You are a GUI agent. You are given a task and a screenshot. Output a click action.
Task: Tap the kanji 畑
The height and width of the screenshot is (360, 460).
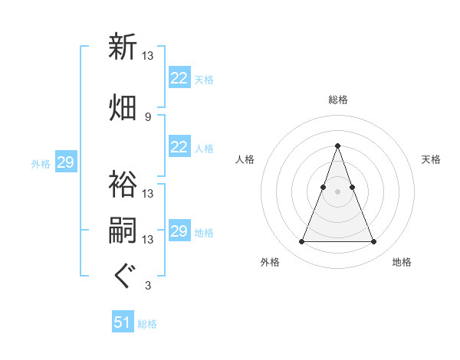point(123,107)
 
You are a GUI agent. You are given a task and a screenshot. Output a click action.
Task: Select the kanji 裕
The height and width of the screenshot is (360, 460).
point(123,184)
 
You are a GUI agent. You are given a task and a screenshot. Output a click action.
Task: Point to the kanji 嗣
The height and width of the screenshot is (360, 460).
point(123,230)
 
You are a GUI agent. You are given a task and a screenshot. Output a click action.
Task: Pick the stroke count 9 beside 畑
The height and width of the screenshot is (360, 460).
point(147,116)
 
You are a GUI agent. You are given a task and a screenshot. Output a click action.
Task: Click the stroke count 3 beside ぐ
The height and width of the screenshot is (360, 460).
point(147,286)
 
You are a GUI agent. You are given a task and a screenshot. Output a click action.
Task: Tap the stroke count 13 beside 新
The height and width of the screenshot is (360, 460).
point(148,55)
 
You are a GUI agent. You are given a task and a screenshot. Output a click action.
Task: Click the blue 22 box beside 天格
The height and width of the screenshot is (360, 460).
point(179,78)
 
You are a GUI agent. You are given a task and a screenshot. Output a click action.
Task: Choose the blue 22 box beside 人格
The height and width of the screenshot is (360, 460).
point(179,147)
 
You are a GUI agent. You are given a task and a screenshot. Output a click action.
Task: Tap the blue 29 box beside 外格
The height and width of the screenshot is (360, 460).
point(65,162)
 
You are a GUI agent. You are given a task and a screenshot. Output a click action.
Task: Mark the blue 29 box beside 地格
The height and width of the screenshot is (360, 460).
point(179,231)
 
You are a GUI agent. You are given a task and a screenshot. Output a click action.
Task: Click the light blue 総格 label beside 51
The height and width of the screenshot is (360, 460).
point(147,324)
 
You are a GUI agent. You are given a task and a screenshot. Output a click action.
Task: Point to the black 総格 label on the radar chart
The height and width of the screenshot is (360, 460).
point(337,100)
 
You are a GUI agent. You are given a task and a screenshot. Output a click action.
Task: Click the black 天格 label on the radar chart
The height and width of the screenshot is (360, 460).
point(432,159)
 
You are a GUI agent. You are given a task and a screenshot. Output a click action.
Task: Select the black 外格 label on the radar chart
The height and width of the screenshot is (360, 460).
point(270,262)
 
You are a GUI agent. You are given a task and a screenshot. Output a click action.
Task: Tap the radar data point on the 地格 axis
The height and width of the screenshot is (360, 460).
point(373,242)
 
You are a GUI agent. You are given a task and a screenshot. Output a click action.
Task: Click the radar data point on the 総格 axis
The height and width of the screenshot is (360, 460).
point(337,146)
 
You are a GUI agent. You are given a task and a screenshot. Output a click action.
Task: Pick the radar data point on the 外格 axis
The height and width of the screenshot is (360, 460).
point(301,242)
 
